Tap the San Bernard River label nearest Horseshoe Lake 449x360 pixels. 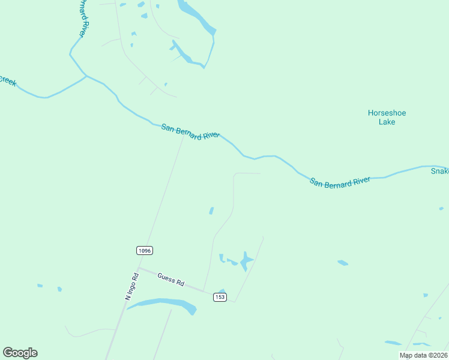pyautogui.click(x=340, y=181)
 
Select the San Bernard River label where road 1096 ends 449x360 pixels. pyautogui.click(x=190, y=131)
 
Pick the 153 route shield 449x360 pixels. pyautogui.click(x=220, y=297)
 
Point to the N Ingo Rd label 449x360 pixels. pyautogui.click(x=132, y=286)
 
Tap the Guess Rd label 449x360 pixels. pyautogui.click(x=170, y=280)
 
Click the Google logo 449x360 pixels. pyautogui.click(x=20, y=353)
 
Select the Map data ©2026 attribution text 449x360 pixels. pyautogui.click(x=423, y=355)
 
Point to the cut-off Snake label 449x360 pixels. pyautogui.click(x=439, y=171)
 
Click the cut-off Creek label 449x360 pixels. pyautogui.click(x=7, y=80)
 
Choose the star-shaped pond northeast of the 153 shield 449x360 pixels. pyautogui.click(x=246, y=261)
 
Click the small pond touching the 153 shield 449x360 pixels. pyautogui.click(x=221, y=292)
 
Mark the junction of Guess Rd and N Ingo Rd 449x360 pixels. pyautogui.click(x=139, y=268)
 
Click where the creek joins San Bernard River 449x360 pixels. pyautogui.click(x=86, y=76)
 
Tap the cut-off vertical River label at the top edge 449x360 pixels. pyautogui.click(x=85, y=18)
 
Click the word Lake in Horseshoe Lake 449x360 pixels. pyautogui.click(x=387, y=122)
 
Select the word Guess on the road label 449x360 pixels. pyautogui.click(x=166, y=278)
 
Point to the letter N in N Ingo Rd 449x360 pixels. pyautogui.click(x=127, y=296)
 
